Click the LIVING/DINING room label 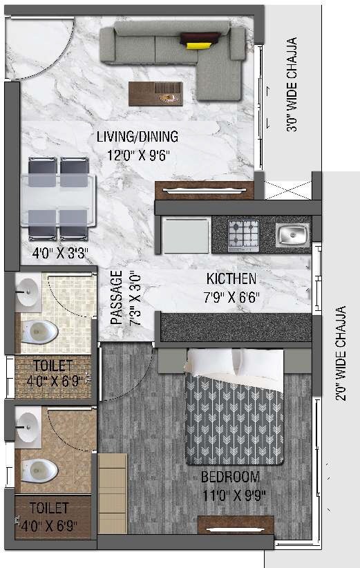point(138,136)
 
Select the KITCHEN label point(231,279)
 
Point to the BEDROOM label point(231,477)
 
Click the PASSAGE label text point(117,296)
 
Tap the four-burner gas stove point(243,234)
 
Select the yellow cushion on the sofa point(197,45)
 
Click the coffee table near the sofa point(155,94)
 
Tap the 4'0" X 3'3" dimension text point(57,252)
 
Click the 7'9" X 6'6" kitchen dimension point(231,298)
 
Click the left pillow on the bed point(211,362)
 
